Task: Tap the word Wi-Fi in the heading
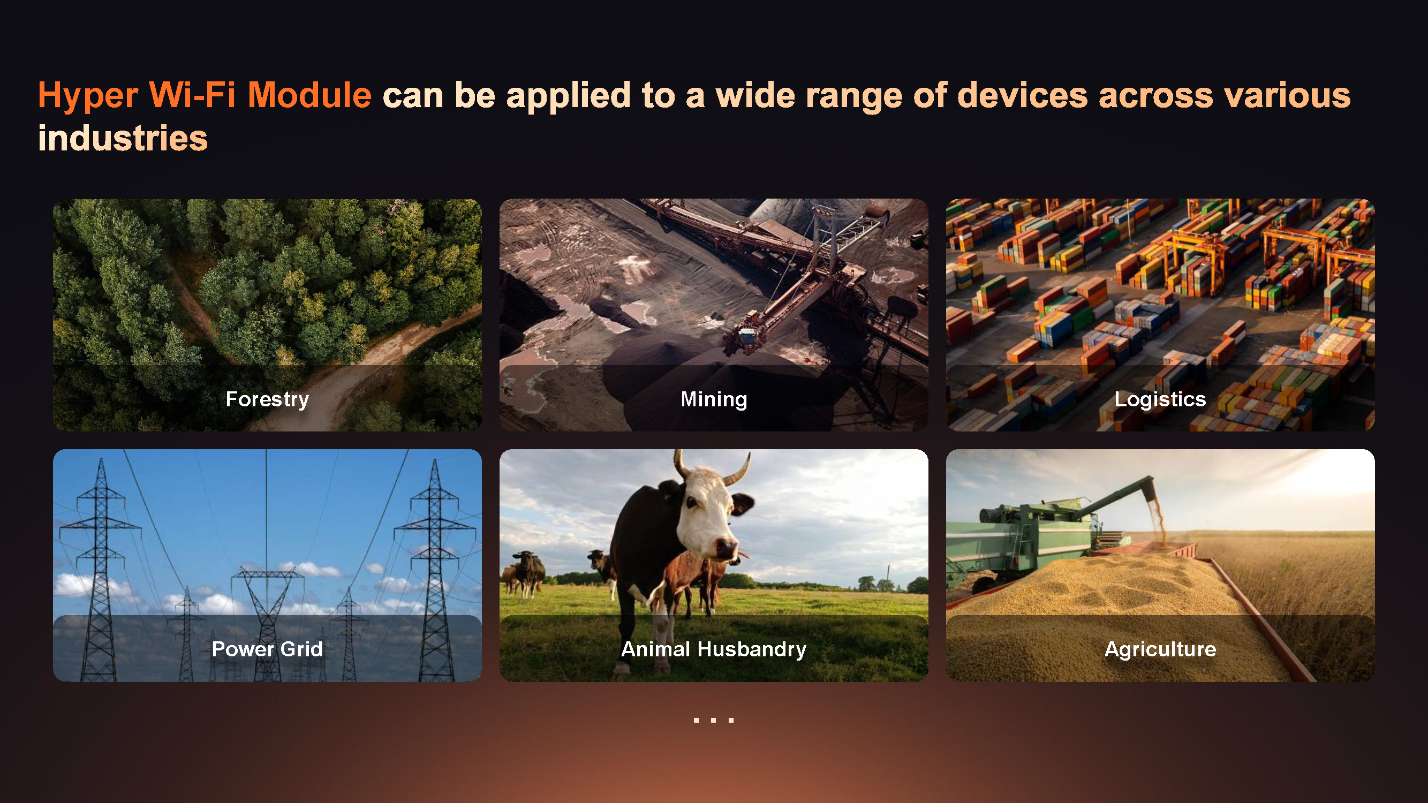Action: [192, 95]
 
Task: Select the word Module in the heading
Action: [309, 95]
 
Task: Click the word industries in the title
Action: [123, 138]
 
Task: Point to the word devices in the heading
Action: [1022, 95]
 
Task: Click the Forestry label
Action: [267, 399]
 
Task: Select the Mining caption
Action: [714, 399]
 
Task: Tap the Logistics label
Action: [1160, 399]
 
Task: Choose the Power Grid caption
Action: [267, 649]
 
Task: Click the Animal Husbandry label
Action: [714, 649]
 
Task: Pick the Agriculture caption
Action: [1160, 649]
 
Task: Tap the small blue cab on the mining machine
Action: [746, 336]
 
